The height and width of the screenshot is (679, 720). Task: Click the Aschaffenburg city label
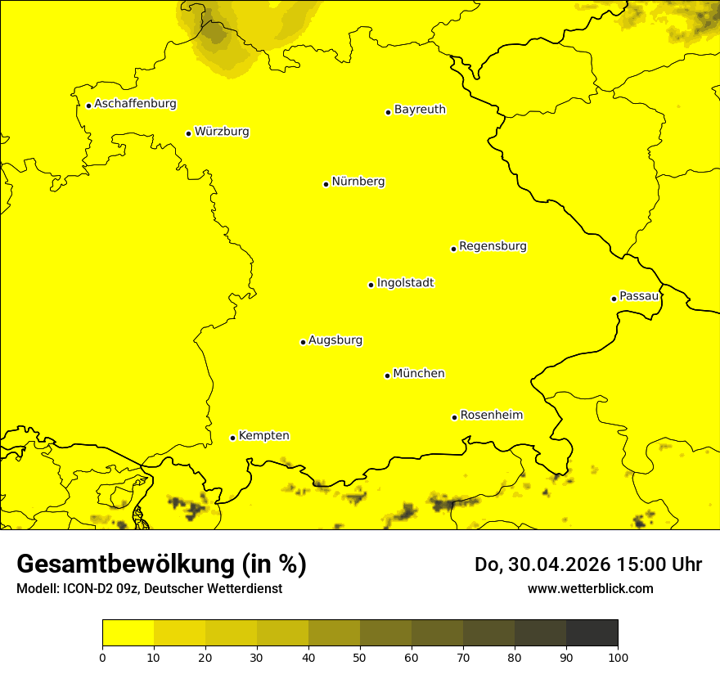click(x=135, y=104)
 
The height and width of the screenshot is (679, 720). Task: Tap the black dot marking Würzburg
click(x=188, y=133)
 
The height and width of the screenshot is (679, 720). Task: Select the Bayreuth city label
click(x=420, y=110)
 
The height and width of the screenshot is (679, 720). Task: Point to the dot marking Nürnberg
click(x=326, y=184)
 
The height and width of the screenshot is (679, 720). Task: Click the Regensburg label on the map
click(x=493, y=246)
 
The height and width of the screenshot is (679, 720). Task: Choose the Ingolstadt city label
click(x=405, y=283)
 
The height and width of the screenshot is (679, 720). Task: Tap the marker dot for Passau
click(x=614, y=299)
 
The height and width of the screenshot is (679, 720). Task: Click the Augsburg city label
click(x=335, y=340)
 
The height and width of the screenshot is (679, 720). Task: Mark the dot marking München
click(x=387, y=375)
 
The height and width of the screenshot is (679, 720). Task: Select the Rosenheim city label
click(x=491, y=416)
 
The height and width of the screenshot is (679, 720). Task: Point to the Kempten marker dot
click(x=232, y=438)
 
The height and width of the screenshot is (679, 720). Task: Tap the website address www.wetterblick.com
click(x=590, y=588)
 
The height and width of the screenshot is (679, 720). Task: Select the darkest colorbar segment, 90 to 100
click(x=592, y=633)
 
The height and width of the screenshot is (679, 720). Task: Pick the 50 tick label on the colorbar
click(x=360, y=657)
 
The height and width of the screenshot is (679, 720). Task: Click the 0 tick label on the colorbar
click(x=102, y=657)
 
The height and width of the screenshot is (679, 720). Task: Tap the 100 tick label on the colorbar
click(x=618, y=657)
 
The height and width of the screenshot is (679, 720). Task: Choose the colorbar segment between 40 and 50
click(x=334, y=633)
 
